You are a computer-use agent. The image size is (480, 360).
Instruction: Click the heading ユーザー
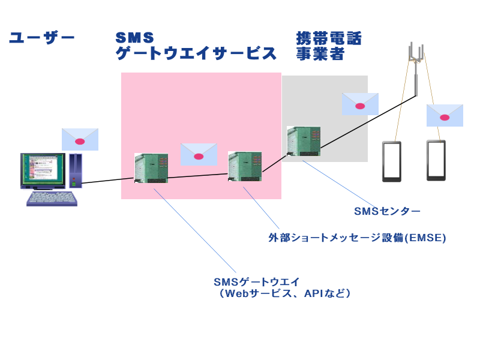41,38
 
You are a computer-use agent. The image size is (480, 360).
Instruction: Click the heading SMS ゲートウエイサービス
196,46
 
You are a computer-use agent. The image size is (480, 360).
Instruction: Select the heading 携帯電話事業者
329,46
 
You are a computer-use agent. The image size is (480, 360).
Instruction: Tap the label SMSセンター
387,211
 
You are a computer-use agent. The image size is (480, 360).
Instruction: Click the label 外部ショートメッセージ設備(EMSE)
357,238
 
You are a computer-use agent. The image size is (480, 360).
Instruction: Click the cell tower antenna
415,60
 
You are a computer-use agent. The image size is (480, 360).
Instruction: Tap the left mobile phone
392,161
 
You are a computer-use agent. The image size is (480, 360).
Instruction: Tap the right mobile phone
436,160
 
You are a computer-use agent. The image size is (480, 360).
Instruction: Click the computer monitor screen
43,170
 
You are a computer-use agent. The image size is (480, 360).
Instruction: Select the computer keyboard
52,198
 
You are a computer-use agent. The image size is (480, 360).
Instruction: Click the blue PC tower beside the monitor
75,171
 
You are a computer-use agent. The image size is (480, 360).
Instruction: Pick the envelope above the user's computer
80,139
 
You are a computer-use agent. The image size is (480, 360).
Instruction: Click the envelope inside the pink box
199,154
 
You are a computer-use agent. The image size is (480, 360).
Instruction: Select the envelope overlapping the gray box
360,104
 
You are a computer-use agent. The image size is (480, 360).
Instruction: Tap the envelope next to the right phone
445,115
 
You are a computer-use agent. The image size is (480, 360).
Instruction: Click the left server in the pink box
151,168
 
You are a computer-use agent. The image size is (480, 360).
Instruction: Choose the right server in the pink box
245,166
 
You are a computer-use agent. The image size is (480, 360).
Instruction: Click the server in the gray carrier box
304,141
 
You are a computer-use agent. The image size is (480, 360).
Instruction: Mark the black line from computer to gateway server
108,179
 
